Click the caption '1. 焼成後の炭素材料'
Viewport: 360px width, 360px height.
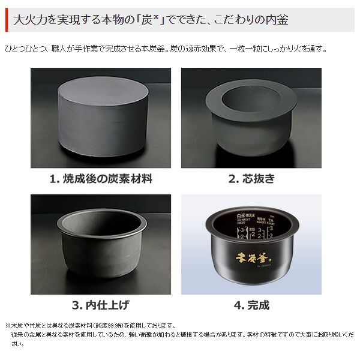coord(100,178)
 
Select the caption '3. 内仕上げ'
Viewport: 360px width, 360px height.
coord(100,305)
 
